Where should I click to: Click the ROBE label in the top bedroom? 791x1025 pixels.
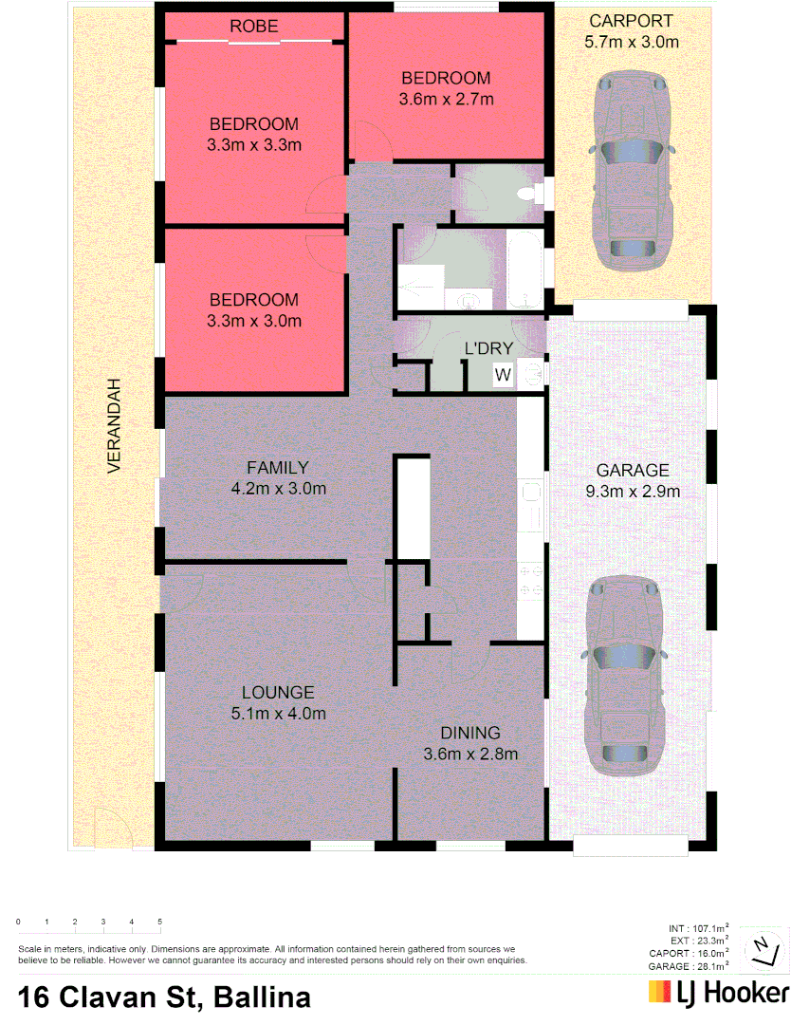[x=254, y=27]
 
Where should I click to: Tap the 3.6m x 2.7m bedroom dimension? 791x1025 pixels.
[x=446, y=99]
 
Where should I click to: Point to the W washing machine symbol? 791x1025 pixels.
[x=503, y=375]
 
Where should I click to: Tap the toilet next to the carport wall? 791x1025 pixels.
[x=527, y=194]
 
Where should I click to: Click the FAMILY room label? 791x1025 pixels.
[x=278, y=467]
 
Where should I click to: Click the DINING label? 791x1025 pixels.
[x=469, y=733]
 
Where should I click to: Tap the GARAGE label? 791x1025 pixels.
[x=633, y=470]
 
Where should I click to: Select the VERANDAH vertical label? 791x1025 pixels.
[x=115, y=427]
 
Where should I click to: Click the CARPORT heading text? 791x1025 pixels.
[x=631, y=21]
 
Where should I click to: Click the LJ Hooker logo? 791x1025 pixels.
[x=719, y=993]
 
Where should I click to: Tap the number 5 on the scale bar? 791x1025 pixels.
[x=160, y=922]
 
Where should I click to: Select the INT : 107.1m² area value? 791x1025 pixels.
[x=699, y=929]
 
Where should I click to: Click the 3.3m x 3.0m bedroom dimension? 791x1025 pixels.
[x=253, y=321]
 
